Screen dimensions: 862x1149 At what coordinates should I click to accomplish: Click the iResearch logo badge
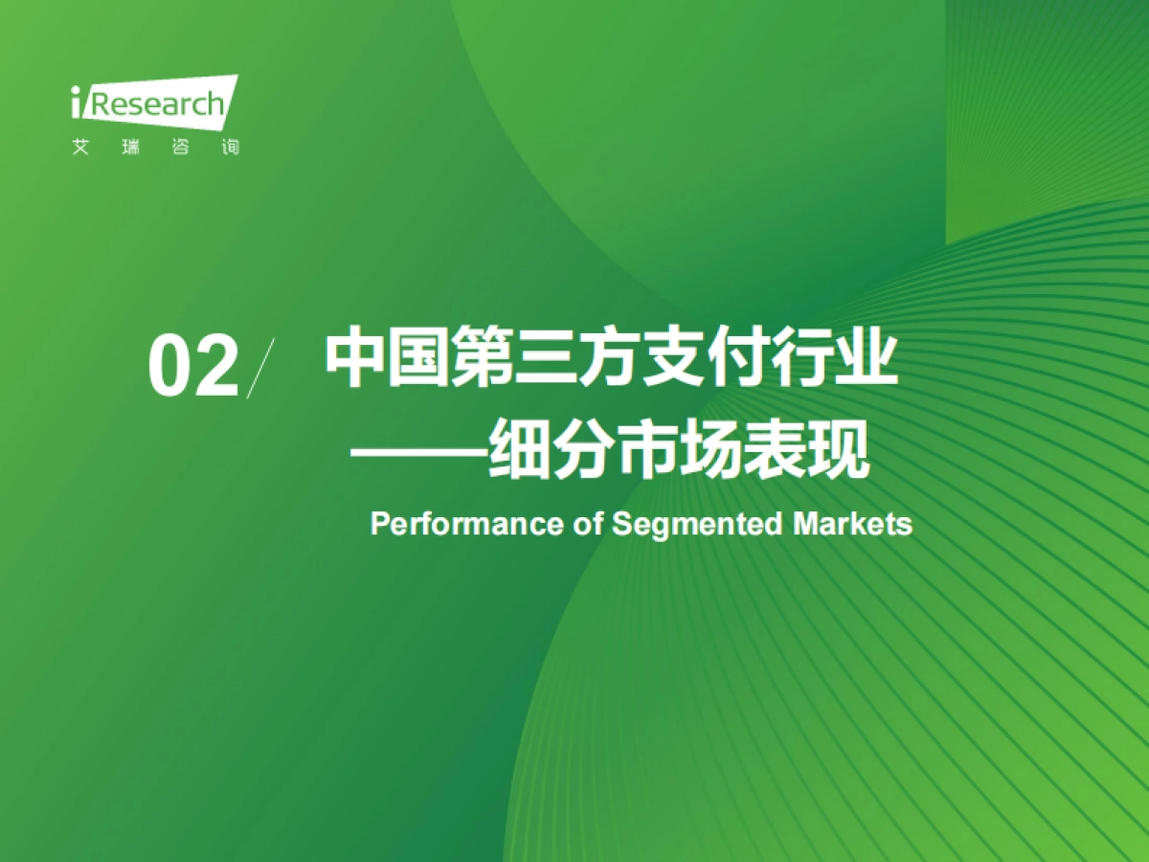click(153, 102)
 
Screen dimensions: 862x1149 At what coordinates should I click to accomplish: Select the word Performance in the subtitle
click(460, 525)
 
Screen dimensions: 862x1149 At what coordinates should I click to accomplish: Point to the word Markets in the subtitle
click(853, 525)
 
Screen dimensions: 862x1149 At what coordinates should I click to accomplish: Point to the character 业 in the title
click(866, 359)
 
